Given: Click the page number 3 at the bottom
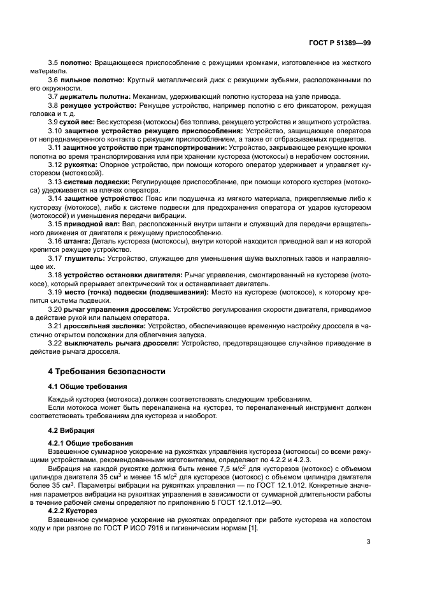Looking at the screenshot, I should click(x=368, y=525).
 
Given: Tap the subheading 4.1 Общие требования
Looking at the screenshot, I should click(x=88, y=386).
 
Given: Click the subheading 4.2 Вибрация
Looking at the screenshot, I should click(x=72, y=430).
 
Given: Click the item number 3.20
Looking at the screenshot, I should click(x=55, y=309).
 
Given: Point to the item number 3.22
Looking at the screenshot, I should click(x=55, y=343).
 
